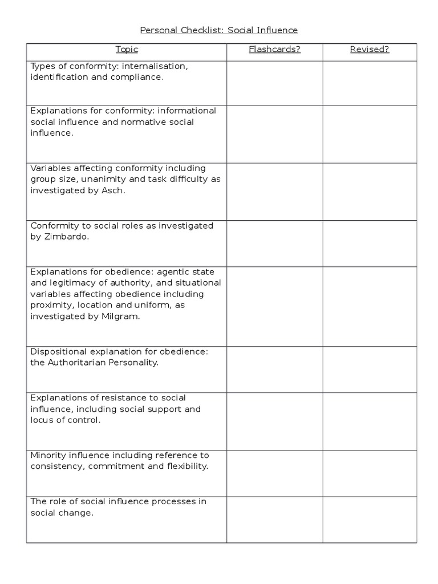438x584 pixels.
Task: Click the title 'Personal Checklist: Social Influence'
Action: pos(219,30)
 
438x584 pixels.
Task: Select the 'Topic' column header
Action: pos(127,50)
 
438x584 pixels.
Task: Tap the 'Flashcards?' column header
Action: pos(274,50)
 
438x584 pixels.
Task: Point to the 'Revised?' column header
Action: pos(369,50)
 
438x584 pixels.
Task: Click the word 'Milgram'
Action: pos(122,317)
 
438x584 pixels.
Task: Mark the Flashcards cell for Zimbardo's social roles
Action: pos(274,243)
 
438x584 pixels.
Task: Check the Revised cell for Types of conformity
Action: pos(369,83)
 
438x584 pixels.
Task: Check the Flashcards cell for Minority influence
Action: pos(274,473)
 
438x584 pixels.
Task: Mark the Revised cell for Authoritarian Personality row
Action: pos(369,369)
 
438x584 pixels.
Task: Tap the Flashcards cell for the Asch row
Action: pos(274,191)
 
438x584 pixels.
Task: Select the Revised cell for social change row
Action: pos(369,519)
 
